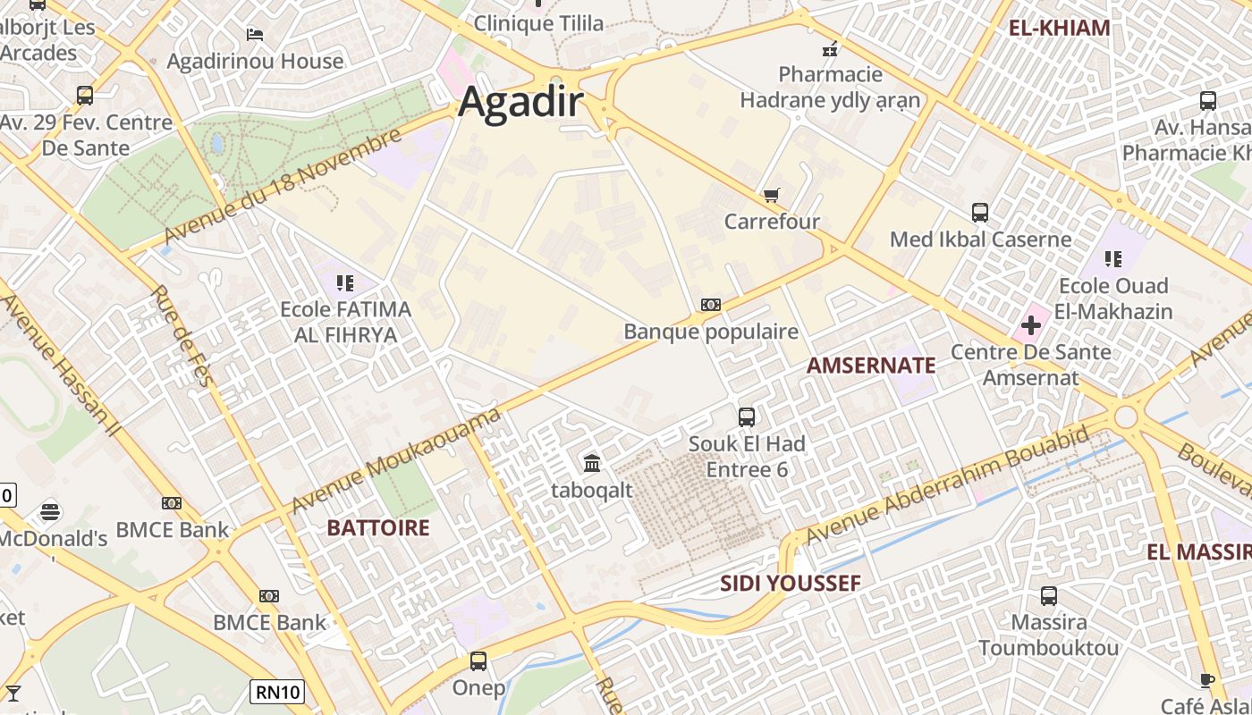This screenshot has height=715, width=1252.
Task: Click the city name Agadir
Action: [x=520, y=103]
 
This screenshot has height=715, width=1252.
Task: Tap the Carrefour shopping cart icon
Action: [x=771, y=195]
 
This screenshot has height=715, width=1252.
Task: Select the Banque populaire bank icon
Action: [x=711, y=305]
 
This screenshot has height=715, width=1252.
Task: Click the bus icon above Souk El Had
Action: [x=747, y=416]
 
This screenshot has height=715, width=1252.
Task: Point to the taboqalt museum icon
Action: [x=592, y=463]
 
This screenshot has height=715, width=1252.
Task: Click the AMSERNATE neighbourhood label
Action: [x=871, y=365]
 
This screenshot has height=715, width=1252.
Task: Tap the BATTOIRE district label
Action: [x=378, y=527]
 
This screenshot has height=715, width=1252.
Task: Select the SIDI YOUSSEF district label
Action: [x=791, y=584]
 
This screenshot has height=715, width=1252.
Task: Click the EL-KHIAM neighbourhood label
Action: [x=1059, y=28]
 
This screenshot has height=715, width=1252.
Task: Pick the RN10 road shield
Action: [x=276, y=691]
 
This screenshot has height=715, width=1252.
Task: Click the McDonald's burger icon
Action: [x=50, y=512]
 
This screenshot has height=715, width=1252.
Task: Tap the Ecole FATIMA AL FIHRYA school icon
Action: [x=345, y=284]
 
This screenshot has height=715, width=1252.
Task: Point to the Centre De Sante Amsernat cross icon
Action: [x=1031, y=325]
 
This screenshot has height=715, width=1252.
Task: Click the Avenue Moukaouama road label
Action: [x=396, y=462]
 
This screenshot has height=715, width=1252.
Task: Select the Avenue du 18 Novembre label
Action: [x=283, y=186]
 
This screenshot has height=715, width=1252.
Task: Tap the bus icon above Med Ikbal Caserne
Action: [x=980, y=213]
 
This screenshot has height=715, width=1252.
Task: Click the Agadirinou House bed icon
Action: [x=255, y=35]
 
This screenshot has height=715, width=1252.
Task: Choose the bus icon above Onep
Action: [x=478, y=661]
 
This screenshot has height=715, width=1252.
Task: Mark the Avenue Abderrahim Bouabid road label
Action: [x=948, y=484]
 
